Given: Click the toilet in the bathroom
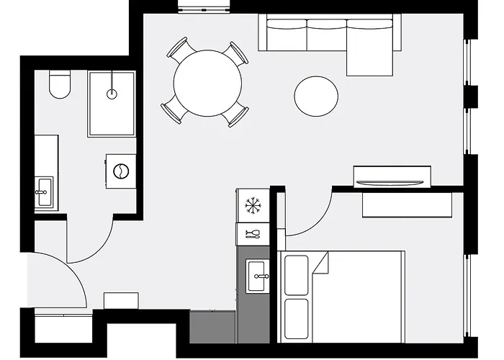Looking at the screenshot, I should point(59,86).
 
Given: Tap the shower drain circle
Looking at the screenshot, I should point(112,93).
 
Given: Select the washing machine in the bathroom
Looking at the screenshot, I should point(122,172).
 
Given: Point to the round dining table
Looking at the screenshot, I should point(208,83).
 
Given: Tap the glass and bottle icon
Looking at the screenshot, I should point(253,233).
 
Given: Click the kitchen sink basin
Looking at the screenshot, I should point(257,274).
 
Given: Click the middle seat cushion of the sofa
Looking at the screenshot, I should point(327,34).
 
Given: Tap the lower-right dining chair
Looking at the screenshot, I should point(237,115).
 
